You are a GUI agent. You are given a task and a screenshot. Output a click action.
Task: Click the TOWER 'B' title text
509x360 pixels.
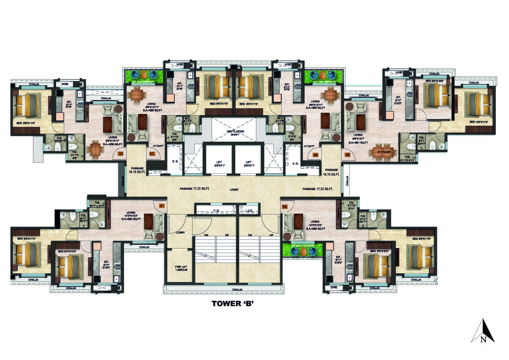[233, 303]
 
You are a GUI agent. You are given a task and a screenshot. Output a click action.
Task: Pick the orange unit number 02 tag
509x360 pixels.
[120, 153]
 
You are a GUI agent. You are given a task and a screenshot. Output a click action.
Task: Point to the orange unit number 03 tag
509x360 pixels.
[152, 153]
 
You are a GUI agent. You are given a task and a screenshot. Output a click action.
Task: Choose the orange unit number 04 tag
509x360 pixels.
[316, 154]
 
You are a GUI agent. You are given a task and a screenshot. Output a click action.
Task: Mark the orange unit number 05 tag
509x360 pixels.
[347, 154]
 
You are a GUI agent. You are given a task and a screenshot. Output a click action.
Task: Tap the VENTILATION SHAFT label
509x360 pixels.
[235, 133]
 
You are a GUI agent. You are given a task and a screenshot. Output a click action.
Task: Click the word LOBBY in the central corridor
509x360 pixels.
[234, 190]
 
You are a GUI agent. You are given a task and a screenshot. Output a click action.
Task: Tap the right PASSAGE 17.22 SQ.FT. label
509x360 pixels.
[317, 189]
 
